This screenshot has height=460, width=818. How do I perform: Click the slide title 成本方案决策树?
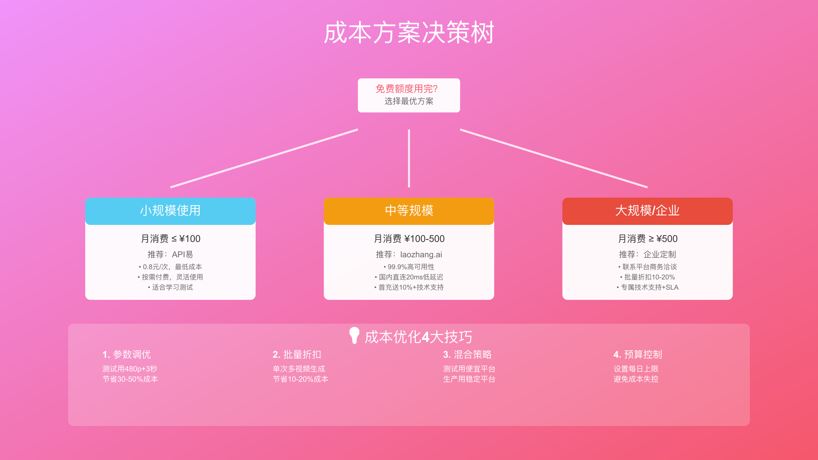click(x=409, y=33)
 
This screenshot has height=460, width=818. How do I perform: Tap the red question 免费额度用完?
click(x=407, y=89)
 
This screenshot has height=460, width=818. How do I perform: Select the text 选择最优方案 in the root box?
click(x=409, y=101)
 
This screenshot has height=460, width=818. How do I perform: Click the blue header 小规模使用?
click(x=170, y=211)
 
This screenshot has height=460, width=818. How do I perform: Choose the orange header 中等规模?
click(x=409, y=211)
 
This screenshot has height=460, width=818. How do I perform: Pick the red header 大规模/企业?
click(x=648, y=211)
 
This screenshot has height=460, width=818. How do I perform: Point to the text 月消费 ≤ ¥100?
click(x=170, y=239)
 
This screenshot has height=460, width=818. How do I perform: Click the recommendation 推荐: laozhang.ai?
click(x=409, y=255)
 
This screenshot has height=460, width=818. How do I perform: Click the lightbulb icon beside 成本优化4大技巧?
click(x=354, y=336)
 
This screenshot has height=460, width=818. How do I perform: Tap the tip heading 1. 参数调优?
click(x=126, y=354)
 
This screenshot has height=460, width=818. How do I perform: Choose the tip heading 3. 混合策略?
click(x=467, y=354)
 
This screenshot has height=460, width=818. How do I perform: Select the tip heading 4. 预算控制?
click(x=638, y=354)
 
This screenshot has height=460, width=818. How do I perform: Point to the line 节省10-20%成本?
click(x=301, y=379)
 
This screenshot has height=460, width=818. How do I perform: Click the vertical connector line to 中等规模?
click(x=409, y=158)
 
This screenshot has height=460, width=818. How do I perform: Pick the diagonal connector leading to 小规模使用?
click(x=264, y=158)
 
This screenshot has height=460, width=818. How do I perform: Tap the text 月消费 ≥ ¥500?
click(x=648, y=239)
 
